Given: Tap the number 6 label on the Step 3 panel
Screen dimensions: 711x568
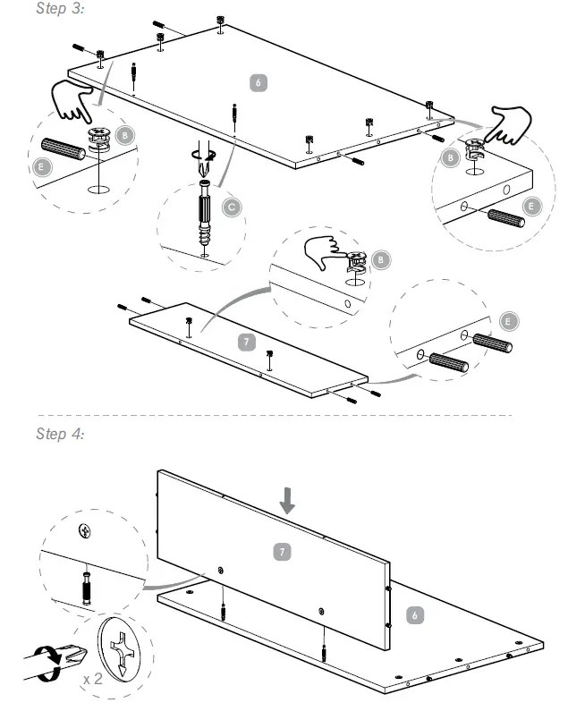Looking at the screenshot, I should [259, 82].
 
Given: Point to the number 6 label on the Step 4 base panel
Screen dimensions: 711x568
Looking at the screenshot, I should [412, 615].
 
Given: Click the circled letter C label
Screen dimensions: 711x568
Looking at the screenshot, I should [231, 207].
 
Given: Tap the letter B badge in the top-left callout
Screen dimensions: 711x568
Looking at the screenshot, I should [126, 134].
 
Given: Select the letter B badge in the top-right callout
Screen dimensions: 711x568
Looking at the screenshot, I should [451, 158].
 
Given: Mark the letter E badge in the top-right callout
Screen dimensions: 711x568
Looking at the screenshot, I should [532, 206].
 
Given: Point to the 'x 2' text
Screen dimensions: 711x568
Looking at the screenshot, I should [91, 680].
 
